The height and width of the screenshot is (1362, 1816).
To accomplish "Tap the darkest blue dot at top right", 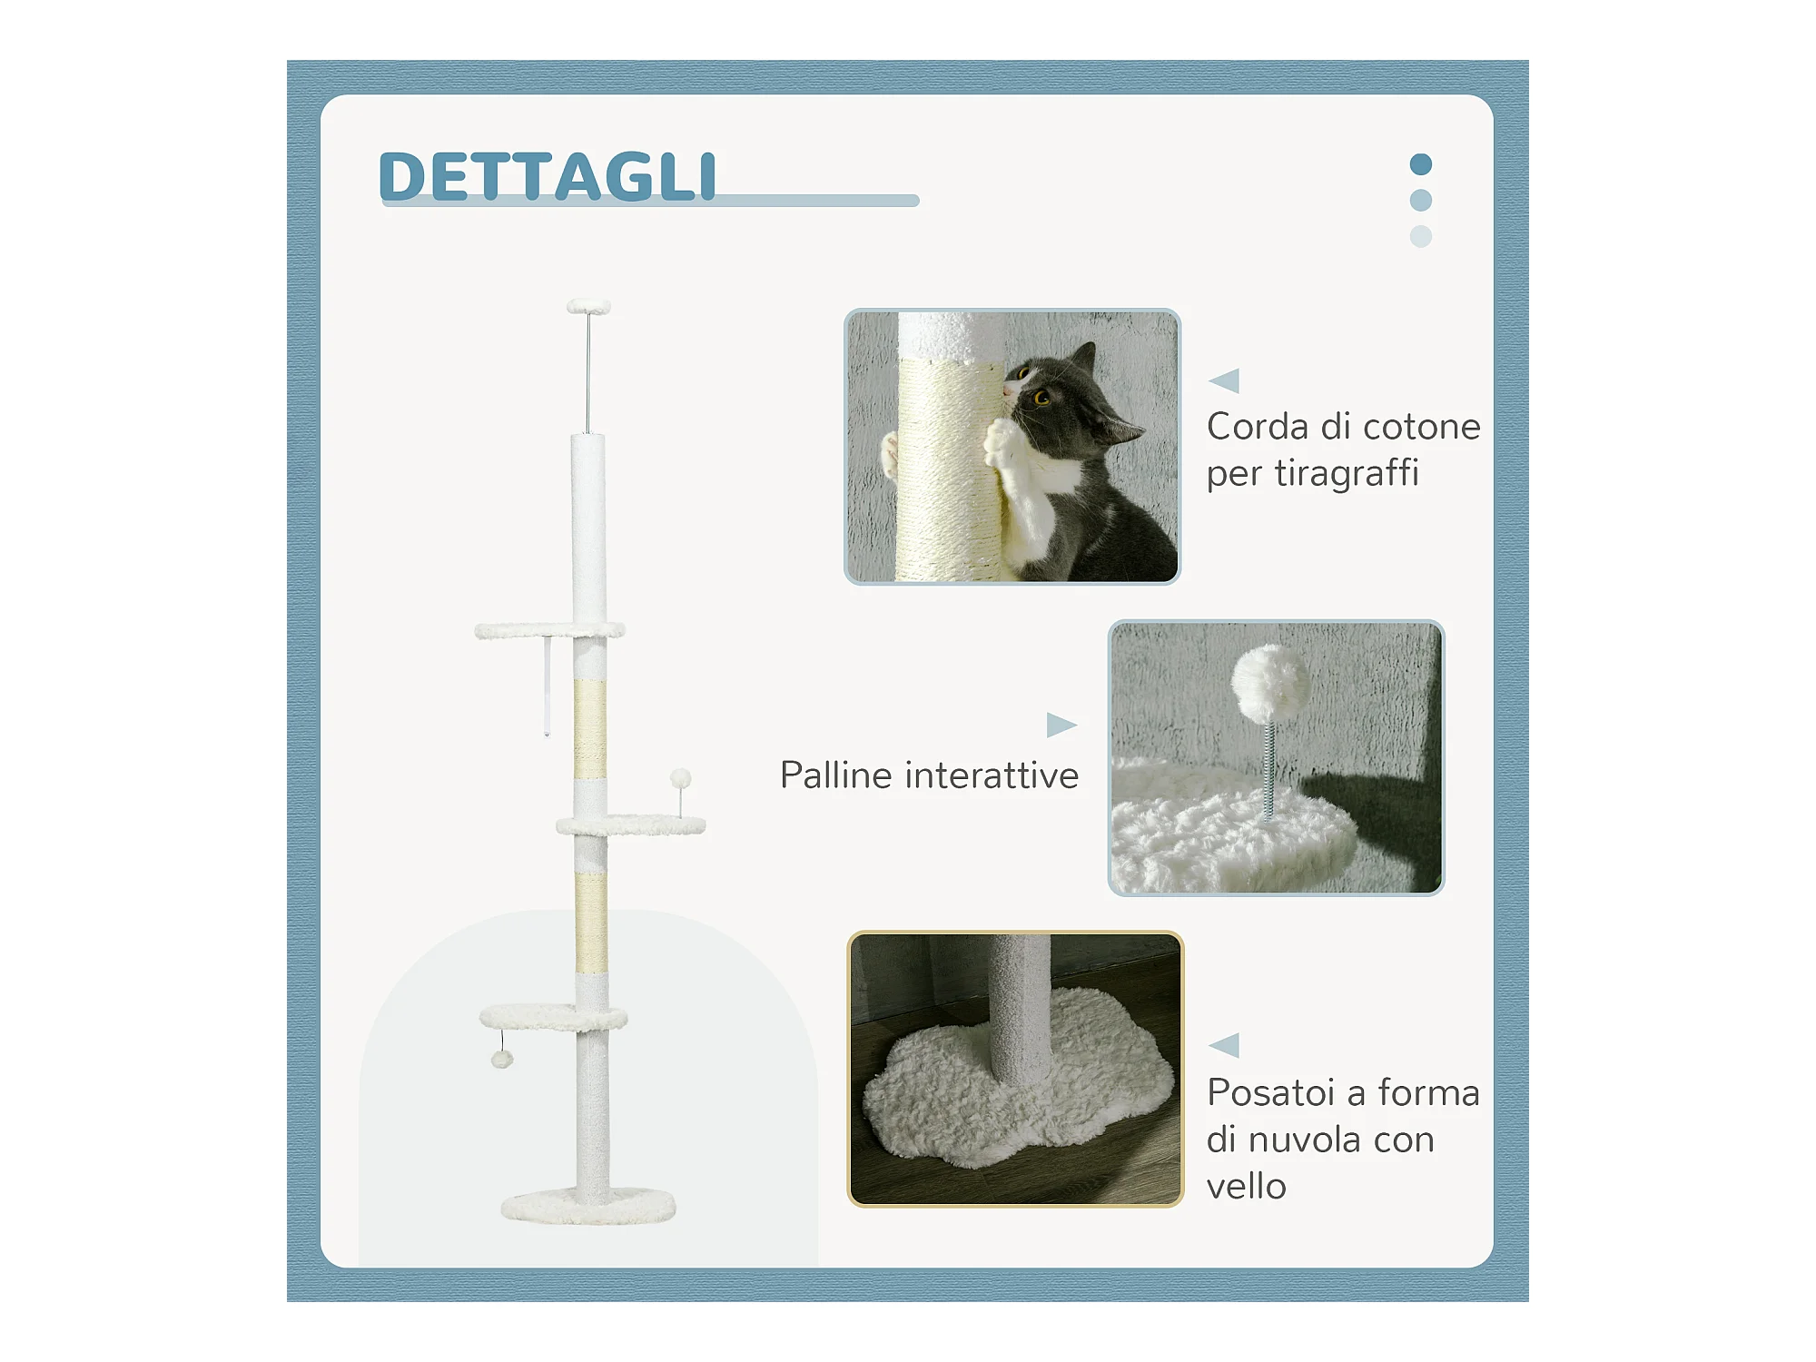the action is [1421, 164].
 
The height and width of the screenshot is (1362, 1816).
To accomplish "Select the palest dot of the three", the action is [1421, 236].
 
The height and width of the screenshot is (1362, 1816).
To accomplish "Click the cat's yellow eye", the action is [1041, 397].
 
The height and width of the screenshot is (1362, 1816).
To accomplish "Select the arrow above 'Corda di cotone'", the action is [1224, 380].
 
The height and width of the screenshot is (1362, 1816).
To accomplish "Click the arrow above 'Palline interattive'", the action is [1061, 725].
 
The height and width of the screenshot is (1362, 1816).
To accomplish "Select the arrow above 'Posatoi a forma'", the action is [1224, 1045].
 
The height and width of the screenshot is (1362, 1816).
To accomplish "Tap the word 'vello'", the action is [1246, 1186].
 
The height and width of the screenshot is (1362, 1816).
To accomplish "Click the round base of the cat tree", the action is [588, 1207].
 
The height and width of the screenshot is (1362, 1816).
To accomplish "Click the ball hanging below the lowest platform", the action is [502, 1059].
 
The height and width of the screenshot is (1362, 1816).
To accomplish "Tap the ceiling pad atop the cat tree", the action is [589, 307].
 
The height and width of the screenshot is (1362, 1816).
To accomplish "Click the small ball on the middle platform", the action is [681, 778].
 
